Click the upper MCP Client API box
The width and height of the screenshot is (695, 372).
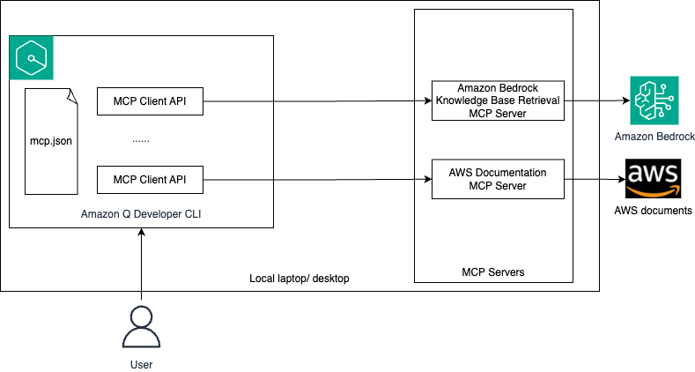click(x=150, y=101)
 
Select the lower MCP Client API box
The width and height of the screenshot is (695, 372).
click(x=150, y=180)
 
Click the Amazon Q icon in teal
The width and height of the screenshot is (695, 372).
click(x=32, y=58)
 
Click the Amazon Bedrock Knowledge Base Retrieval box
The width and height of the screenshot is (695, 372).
click(x=498, y=100)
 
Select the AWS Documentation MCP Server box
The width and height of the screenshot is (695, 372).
click(x=498, y=179)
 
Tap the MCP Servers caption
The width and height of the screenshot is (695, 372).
click(x=492, y=272)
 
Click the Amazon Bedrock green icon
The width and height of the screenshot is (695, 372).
click(x=655, y=100)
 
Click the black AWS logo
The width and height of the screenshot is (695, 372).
click(x=653, y=179)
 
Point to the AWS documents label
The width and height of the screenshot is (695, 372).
click(x=653, y=211)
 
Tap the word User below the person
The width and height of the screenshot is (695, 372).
click(x=140, y=363)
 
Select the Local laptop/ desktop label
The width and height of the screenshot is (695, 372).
click(x=299, y=279)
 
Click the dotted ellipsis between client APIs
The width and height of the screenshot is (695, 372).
click(x=141, y=140)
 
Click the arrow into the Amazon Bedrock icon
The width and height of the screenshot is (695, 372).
click(x=595, y=100)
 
